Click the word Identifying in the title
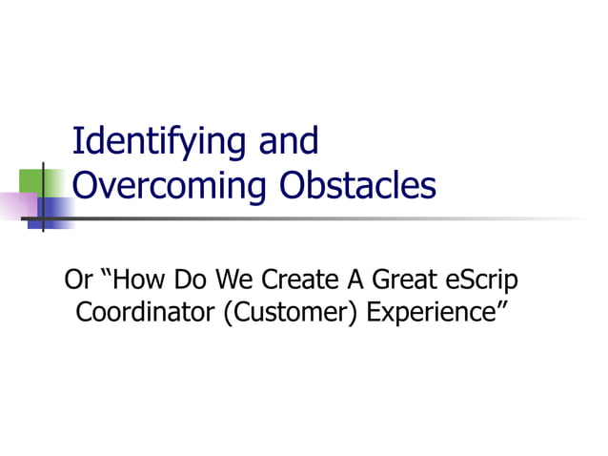coord(158,142)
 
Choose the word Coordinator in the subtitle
coord(132,312)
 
